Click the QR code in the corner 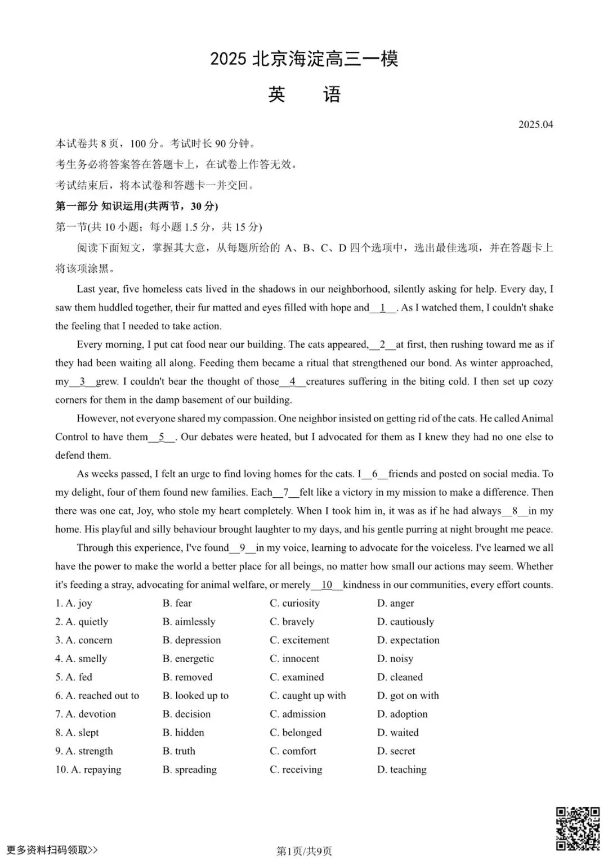tap(578, 829)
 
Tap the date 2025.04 tap(535, 124)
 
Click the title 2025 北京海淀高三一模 tap(304, 59)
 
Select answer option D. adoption tap(403, 714)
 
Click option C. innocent tap(294, 658)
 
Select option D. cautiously tap(405, 622)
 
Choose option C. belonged tap(296, 732)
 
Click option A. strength tap(90, 751)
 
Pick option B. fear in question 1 tap(177, 603)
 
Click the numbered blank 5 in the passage tap(162, 437)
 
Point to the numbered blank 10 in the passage tap(327, 585)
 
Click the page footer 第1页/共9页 tap(304, 851)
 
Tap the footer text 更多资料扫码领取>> tap(52, 849)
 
